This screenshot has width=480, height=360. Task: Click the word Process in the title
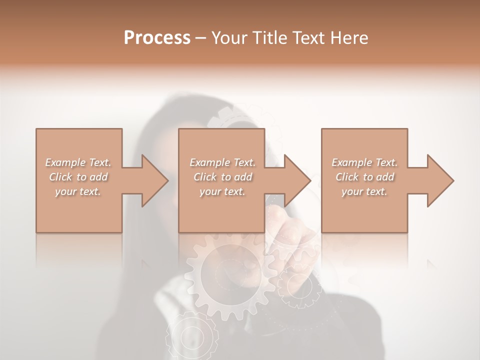pyautogui.click(x=157, y=37)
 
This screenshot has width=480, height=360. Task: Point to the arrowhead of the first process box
pyautogui.click(x=155, y=180)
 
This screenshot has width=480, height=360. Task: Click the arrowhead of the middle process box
pyautogui.click(x=297, y=180)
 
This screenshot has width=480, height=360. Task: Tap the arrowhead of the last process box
pyautogui.click(x=440, y=180)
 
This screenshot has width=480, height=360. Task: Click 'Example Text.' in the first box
pyautogui.click(x=78, y=162)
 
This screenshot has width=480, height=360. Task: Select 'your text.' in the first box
pyautogui.click(x=78, y=191)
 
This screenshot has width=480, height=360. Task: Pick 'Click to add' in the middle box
pyautogui.click(x=222, y=177)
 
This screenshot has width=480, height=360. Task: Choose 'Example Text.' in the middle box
pyautogui.click(x=222, y=162)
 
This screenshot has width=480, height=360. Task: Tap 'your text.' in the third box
pyautogui.click(x=364, y=191)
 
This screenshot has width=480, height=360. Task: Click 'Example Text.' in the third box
pyautogui.click(x=364, y=162)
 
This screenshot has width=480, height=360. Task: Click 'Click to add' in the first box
pyautogui.click(x=78, y=177)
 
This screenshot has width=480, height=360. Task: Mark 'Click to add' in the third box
pyautogui.click(x=364, y=177)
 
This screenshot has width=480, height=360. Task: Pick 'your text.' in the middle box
pyautogui.click(x=222, y=191)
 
